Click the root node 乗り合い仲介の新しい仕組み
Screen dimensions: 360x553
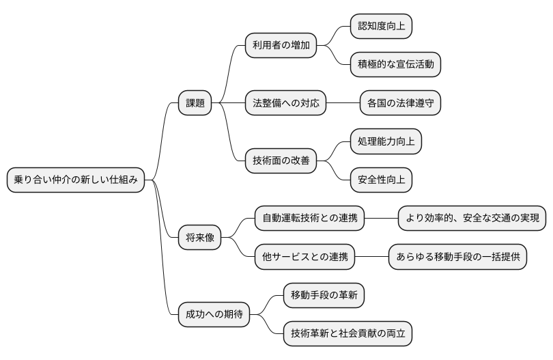click(x=76, y=180)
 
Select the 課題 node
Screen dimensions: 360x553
click(x=195, y=103)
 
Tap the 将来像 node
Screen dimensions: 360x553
click(x=199, y=238)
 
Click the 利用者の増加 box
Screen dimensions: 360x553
click(x=281, y=46)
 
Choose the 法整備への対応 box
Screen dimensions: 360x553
click(x=285, y=103)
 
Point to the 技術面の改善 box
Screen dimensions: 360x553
click(x=281, y=161)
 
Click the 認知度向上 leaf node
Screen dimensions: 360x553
click(x=381, y=27)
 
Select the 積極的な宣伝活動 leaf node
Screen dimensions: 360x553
click(x=395, y=65)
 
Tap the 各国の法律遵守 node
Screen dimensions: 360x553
click(x=400, y=103)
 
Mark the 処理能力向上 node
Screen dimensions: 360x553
click(x=386, y=142)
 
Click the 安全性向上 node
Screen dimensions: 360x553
click(x=381, y=180)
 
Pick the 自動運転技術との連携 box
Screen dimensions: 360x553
click(x=309, y=219)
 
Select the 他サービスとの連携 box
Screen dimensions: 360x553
click(x=304, y=258)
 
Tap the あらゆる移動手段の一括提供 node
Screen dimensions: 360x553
click(x=458, y=258)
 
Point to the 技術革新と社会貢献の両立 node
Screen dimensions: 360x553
click(x=348, y=334)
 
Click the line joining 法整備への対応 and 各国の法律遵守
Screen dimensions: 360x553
click(x=343, y=103)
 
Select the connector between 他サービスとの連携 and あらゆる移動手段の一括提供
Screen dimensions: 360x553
click(x=371, y=258)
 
